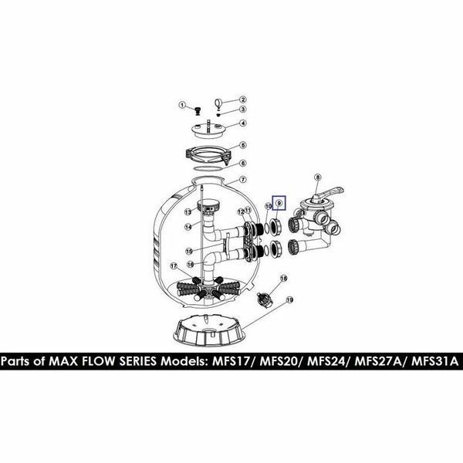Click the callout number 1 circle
click(x=182, y=105)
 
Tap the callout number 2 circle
click(x=243, y=100)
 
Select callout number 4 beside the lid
click(x=243, y=123)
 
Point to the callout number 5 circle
click(x=243, y=145)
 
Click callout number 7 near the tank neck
click(x=243, y=179)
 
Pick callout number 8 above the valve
click(x=318, y=177)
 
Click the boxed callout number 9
click(x=279, y=203)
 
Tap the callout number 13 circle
click(x=188, y=211)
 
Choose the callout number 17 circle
click(x=174, y=266)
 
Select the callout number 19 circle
click(x=289, y=300)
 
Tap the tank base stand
click(x=209, y=330)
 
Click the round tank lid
click(x=208, y=130)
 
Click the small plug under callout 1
click(x=198, y=112)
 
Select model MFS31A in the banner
click(x=434, y=361)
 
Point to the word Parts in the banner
click(x=16, y=361)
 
